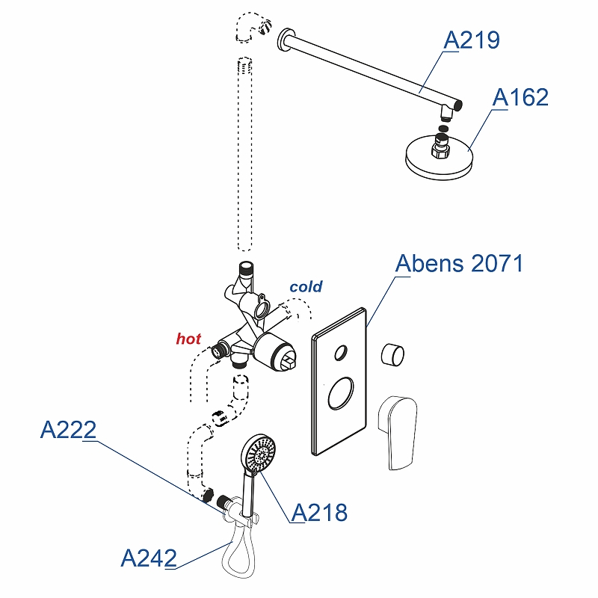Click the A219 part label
coord(472,40)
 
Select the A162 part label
coord(520,97)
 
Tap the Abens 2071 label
coord(460,263)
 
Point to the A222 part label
coord(68,430)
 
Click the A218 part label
coord(320,512)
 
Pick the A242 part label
coord(149,558)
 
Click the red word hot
coord(188,339)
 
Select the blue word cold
coord(306,286)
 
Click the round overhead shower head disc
coord(439,157)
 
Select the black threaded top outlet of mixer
coord(244,268)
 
